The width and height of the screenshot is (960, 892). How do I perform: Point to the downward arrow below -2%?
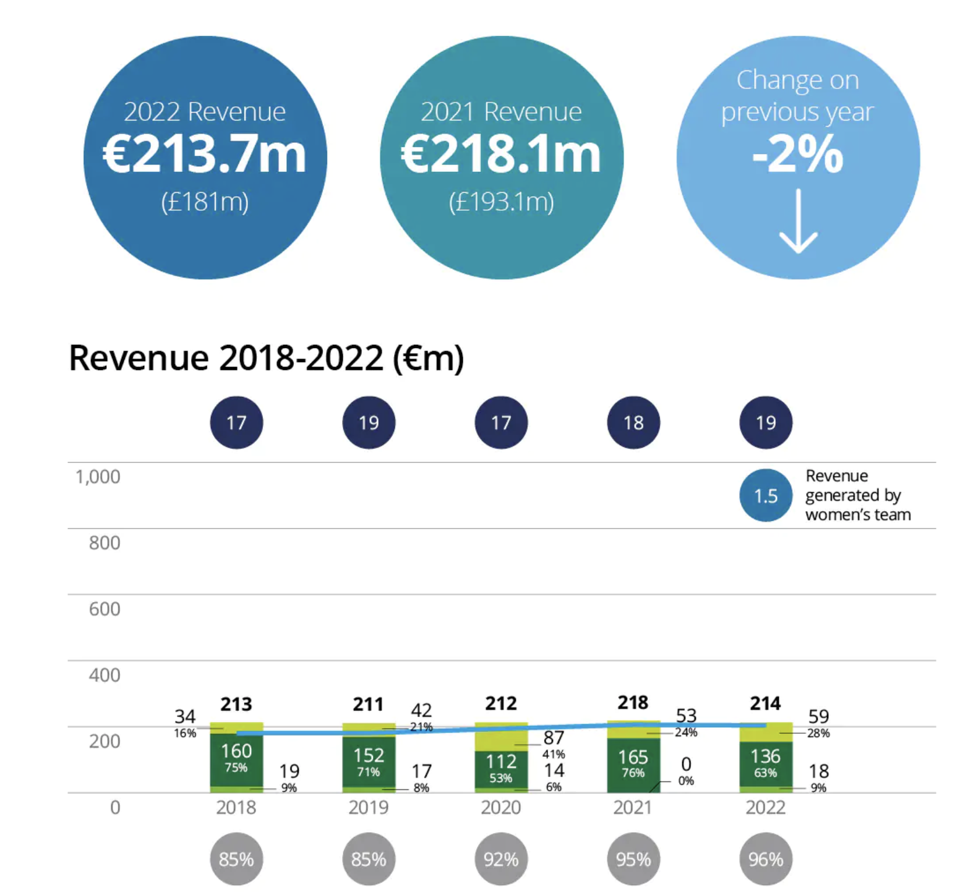pos(798,221)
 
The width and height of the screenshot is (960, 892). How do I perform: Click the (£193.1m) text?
pos(502,202)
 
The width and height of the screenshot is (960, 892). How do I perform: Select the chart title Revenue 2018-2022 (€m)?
pos(267,358)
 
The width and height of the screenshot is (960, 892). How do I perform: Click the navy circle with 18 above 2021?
pos(633,423)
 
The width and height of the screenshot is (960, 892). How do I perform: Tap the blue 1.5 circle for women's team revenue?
pos(766,496)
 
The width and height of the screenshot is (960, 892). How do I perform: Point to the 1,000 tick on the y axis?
pos(98,477)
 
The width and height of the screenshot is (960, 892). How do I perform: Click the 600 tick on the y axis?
pos(105,609)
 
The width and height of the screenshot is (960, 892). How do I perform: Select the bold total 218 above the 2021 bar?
pos(633,702)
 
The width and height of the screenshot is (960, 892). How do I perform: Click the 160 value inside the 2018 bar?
pos(236,751)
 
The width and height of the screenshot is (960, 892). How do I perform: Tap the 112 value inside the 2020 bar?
pos(501,761)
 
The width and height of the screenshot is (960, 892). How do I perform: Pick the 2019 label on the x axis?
pos(369,807)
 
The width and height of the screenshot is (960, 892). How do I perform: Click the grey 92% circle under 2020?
pos(501,859)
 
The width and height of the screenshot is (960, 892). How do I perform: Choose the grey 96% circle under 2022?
pos(766,859)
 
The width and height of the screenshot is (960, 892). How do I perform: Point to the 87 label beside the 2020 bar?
pos(554,737)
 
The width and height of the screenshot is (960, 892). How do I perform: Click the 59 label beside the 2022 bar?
pos(818,716)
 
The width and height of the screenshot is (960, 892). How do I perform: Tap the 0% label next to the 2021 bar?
pos(686,781)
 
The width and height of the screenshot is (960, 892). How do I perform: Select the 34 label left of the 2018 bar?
pos(185,716)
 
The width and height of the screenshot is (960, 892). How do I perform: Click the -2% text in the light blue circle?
pos(798,155)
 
